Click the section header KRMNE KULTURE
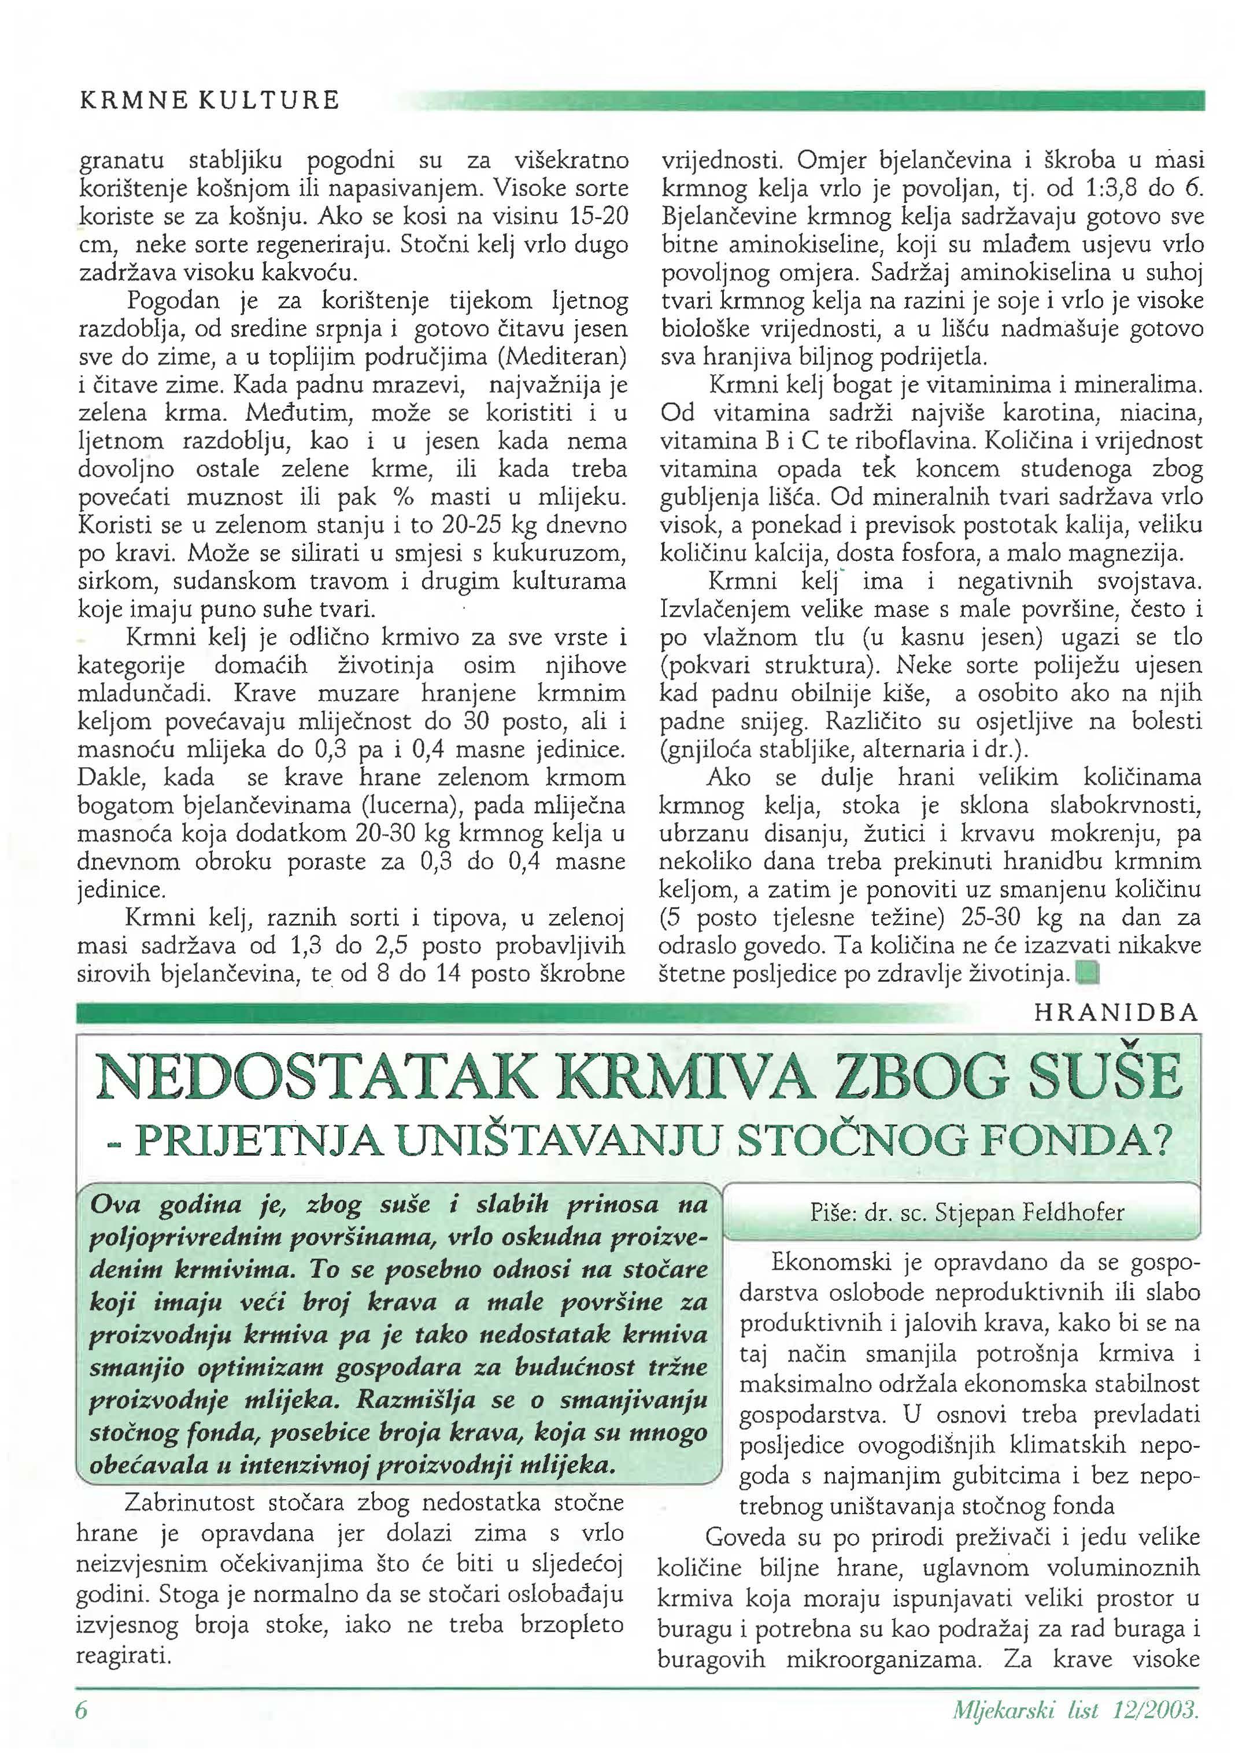click(x=209, y=101)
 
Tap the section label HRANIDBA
click(x=1116, y=1013)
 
